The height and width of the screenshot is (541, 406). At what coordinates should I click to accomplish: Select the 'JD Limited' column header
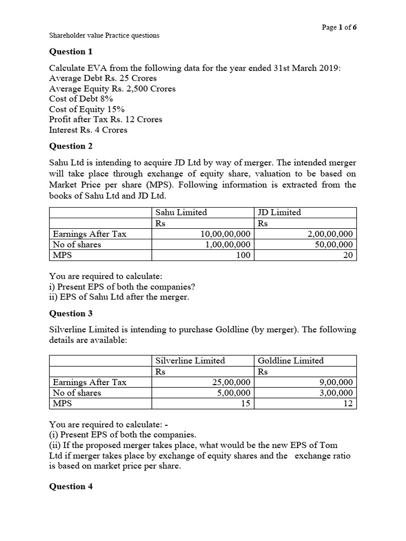279,212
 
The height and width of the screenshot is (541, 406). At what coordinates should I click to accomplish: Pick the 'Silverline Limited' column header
190,360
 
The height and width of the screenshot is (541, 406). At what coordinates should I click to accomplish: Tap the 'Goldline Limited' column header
290,360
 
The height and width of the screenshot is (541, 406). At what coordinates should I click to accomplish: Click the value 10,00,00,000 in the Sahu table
225,234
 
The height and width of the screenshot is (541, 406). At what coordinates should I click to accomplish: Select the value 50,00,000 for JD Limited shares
334,245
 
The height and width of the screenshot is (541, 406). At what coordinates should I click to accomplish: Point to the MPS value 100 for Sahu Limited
242,255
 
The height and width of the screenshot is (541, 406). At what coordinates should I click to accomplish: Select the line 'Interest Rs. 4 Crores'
88,130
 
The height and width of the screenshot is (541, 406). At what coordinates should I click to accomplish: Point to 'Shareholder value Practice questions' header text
104,36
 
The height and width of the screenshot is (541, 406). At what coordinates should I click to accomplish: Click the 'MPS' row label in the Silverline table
62,404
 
